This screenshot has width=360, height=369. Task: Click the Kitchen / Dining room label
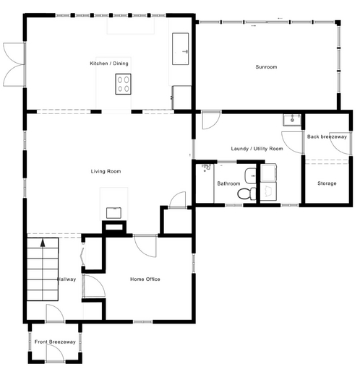[x=109, y=64]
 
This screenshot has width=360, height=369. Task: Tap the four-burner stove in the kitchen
[x=123, y=84]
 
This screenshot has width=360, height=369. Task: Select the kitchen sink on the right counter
[x=180, y=49]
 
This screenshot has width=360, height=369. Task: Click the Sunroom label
[x=266, y=67]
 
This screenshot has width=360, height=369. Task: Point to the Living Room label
[x=106, y=171]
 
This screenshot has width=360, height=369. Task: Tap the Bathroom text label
[x=228, y=183]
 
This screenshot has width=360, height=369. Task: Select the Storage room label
[x=327, y=183]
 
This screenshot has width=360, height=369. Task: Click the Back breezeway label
[x=327, y=136]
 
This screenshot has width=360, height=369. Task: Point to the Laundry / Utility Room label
[x=257, y=149]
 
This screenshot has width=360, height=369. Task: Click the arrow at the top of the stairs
[x=43, y=243]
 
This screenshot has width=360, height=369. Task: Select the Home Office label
[x=145, y=279]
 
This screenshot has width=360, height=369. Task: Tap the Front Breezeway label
[x=55, y=342]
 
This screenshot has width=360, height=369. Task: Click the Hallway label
[x=67, y=279]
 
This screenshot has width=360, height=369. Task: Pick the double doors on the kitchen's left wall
[x=14, y=64]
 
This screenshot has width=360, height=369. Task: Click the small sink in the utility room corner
[x=292, y=120]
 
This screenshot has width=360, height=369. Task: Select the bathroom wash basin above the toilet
[x=250, y=176]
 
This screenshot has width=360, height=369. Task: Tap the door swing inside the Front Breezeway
[x=55, y=353]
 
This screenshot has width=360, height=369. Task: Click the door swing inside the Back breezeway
[x=340, y=143]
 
